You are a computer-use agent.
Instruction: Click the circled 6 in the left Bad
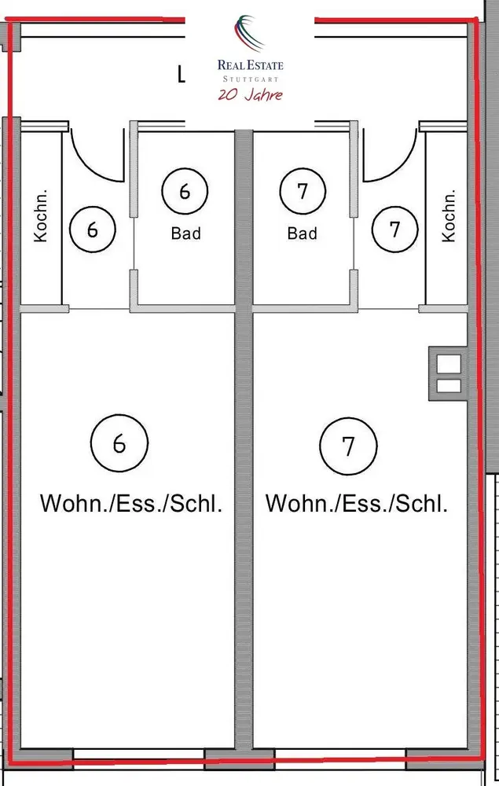click(185, 191)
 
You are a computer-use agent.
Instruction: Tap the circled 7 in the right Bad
click(303, 191)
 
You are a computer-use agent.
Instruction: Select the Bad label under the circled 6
click(186, 233)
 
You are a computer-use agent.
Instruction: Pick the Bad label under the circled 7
click(302, 233)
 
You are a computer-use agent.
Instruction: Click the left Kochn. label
click(41, 215)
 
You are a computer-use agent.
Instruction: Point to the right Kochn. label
click(449, 215)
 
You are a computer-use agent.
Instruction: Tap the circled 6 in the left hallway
click(92, 230)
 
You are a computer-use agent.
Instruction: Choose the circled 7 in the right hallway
click(394, 230)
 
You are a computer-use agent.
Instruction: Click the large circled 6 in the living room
click(119, 443)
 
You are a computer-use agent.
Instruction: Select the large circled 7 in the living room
click(348, 446)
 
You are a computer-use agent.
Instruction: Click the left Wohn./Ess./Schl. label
click(131, 503)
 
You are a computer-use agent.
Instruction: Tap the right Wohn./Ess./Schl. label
click(357, 503)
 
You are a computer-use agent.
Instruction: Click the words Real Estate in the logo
click(251, 65)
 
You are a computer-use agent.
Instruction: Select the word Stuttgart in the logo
click(251, 79)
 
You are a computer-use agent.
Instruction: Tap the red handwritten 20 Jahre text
click(251, 95)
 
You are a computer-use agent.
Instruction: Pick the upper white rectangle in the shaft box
click(449, 364)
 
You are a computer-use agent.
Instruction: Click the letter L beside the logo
click(182, 75)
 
